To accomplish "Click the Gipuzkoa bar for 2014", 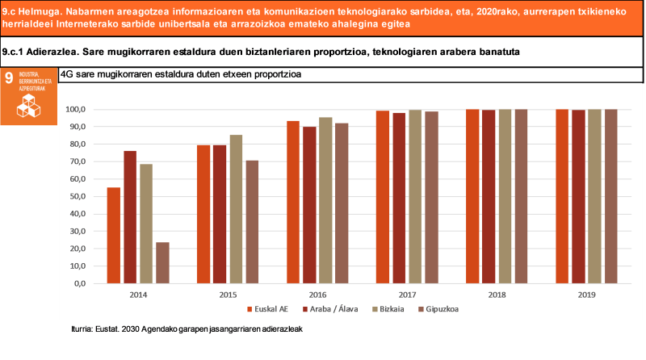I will click(x=162, y=262).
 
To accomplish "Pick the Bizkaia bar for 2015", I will click(x=236, y=209).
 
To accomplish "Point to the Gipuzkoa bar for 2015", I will click(x=252, y=222).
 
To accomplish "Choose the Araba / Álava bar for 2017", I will click(x=399, y=198).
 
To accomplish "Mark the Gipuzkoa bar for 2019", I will click(x=611, y=196).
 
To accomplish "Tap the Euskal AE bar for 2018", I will click(x=472, y=196).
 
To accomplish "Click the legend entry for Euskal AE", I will click(x=266, y=308).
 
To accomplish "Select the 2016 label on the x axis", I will click(x=317, y=295).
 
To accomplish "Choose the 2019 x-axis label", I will click(x=586, y=295).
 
